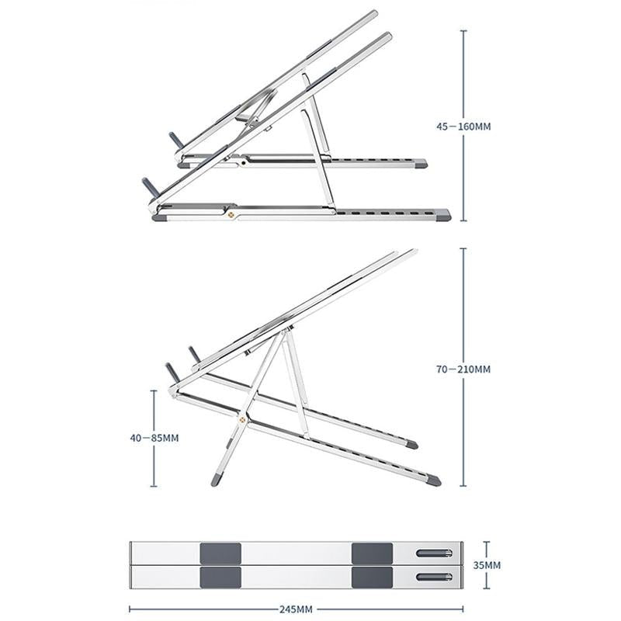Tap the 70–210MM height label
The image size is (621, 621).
click(464, 369)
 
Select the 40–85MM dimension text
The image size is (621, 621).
click(154, 438)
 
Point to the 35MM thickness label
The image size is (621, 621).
click(487, 565)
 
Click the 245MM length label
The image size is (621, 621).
click(297, 609)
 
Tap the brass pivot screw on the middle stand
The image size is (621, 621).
click(243, 422)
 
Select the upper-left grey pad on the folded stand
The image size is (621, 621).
click(220, 553)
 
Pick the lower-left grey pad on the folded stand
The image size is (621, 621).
click(220, 577)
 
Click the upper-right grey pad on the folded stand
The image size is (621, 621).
click(372, 553)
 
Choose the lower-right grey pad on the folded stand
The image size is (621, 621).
click(372, 577)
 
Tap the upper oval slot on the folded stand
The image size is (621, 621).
click(434, 553)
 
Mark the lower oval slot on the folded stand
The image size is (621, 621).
click(434, 577)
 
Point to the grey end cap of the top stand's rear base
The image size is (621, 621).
click(419, 164)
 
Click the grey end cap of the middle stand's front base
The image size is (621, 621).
click(433, 480)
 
